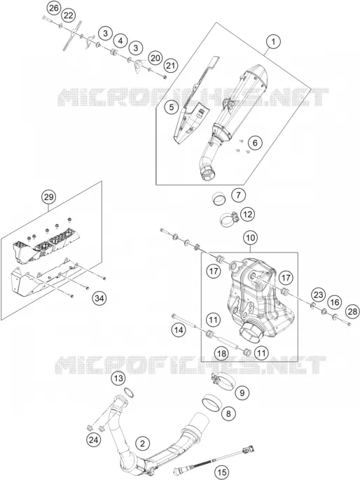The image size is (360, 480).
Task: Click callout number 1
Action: pos(273,41)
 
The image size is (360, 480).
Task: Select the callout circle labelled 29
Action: pos(49,197)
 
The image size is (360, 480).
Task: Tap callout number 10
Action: pos(250,238)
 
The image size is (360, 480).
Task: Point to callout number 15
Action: pos(221,472)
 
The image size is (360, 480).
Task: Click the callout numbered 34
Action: pos(99,298)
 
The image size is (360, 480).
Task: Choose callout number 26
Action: pos(54,8)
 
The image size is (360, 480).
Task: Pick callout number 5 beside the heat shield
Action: pos(172,107)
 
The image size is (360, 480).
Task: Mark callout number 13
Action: pos(118,379)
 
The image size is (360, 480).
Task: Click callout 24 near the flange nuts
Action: pos(93,440)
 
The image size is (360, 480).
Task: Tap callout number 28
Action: pos(352,311)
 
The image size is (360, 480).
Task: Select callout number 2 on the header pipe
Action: pos(142,444)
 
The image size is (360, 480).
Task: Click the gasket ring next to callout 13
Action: pos(130,392)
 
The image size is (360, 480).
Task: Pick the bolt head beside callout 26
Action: pos(44,17)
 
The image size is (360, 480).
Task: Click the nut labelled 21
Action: pos(165,76)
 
